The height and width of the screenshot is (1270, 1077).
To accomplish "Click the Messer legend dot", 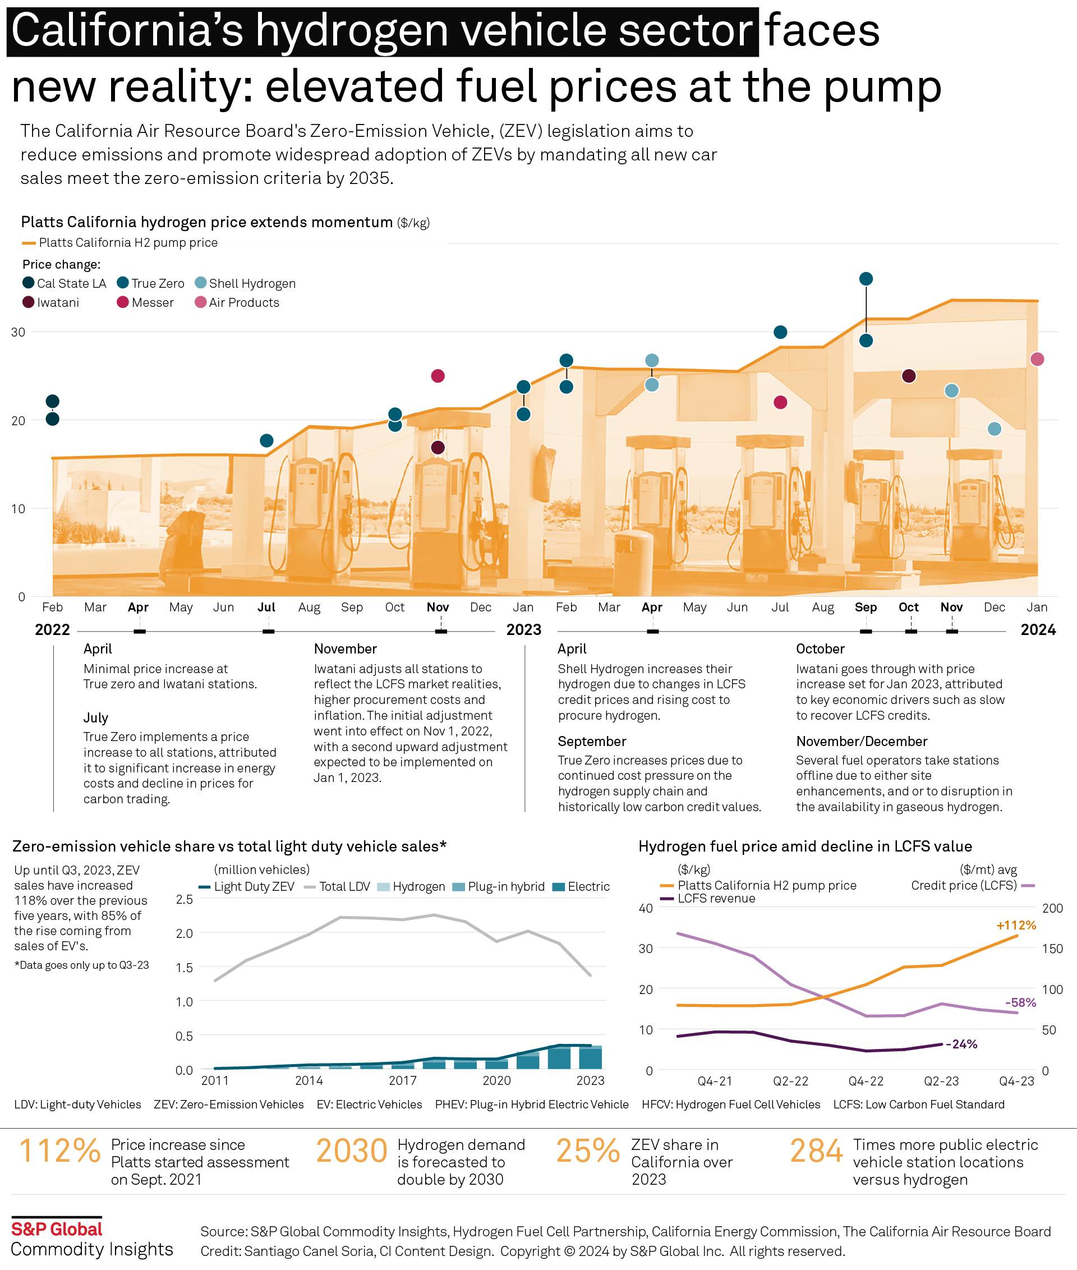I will point(123,302).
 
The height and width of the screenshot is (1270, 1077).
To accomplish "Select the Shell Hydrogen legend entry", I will point(245,283).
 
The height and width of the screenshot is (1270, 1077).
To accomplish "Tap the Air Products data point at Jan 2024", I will point(1037,359).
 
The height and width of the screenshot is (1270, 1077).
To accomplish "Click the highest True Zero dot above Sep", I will point(866,279).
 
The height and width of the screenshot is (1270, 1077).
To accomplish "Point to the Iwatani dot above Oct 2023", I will point(909,375).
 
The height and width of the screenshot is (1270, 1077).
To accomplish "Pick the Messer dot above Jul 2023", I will point(780,402).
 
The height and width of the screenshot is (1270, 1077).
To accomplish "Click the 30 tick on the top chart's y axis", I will point(19,332).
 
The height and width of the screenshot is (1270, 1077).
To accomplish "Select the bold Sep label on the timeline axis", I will point(866,607).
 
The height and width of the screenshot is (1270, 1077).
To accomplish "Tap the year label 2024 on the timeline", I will point(1038,629).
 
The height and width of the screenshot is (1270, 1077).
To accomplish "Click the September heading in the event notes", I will point(592,741).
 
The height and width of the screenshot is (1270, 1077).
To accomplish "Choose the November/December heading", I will point(862,741).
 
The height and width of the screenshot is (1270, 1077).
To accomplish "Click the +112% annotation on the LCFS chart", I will point(1016,925).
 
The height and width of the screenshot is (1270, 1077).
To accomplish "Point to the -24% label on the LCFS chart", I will point(961,1044).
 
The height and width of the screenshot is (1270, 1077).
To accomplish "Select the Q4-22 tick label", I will point(866,1081).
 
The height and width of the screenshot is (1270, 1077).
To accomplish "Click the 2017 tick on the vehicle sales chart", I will point(403,1080).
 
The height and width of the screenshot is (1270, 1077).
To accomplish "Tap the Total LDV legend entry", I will point(338,886).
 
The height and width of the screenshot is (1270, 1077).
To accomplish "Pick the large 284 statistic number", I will point(816,1151).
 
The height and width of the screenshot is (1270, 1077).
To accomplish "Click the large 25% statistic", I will point(587,1151).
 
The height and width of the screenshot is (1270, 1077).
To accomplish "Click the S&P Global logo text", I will point(57,1229).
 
